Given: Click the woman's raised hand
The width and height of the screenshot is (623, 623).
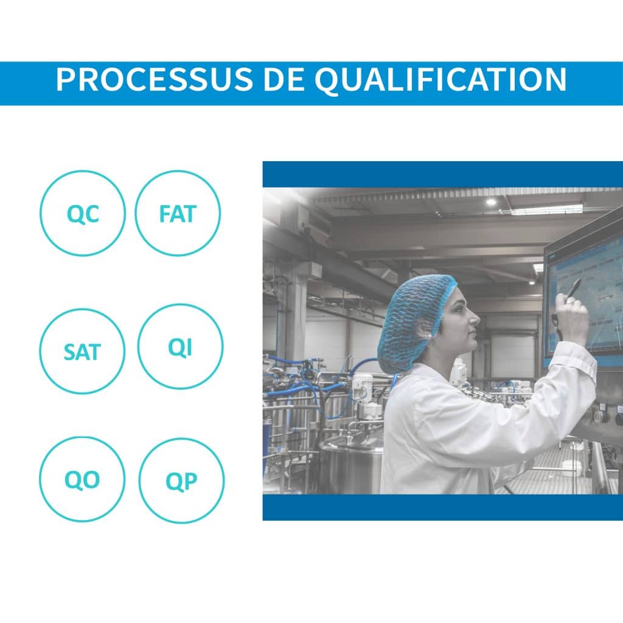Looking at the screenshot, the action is pyautogui.click(x=572, y=318).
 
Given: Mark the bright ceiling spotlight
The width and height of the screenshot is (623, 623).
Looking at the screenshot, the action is pyautogui.click(x=492, y=202).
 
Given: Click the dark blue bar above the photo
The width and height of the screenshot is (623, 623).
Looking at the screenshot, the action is pyautogui.click(x=443, y=174).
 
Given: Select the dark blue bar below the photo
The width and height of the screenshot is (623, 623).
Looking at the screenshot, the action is pyautogui.click(x=443, y=507).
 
